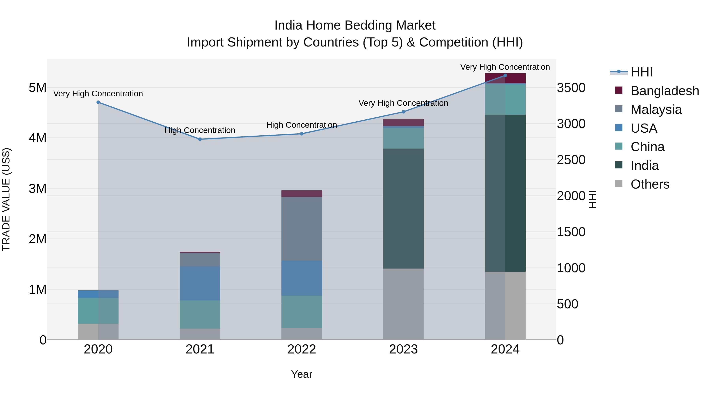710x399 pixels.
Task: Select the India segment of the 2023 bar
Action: pyautogui.click(x=403, y=208)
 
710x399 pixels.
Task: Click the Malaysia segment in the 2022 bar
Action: pyautogui.click(x=302, y=228)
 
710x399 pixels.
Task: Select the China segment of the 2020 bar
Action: pyautogui.click(x=98, y=310)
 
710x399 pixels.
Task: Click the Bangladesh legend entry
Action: pyautogui.click(x=664, y=91)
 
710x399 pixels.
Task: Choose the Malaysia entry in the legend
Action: pyautogui.click(x=656, y=109)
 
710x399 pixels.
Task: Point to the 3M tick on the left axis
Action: pyautogui.click(x=37, y=189)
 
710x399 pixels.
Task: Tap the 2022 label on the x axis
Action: pyautogui.click(x=302, y=349)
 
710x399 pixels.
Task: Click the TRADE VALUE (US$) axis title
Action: pyautogui.click(x=6, y=199)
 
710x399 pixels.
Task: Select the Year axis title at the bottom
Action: pyautogui.click(x=302, y=374)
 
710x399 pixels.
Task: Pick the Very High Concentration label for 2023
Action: pyautogui.click(x=403, y=103)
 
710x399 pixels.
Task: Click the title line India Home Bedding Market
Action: pyautogui.click(x=355, y=25)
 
